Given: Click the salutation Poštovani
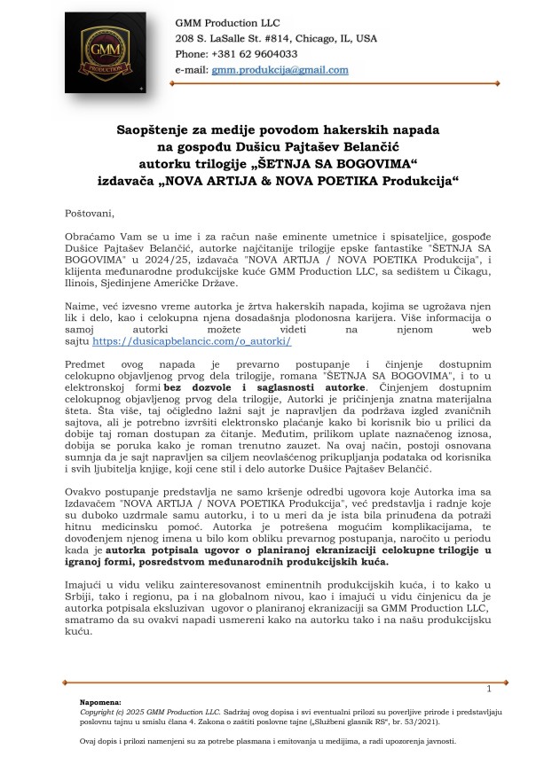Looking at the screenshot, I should coord(90,214).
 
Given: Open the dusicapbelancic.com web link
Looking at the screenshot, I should coord(192,340).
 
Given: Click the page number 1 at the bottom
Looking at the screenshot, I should coord(488,689).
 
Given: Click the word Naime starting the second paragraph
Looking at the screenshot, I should coord(81,305).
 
